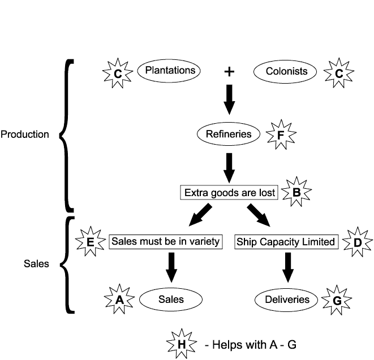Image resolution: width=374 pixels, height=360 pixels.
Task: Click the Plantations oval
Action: point(170,71)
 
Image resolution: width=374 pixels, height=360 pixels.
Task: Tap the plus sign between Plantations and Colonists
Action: point(229,72)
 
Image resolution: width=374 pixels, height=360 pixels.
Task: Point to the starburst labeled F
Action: point(281,134)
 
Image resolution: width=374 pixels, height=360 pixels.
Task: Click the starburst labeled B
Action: point(296,192)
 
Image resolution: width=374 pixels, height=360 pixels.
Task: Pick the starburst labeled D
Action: point(358,242)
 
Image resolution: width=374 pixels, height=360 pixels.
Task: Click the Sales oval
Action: point(171,299)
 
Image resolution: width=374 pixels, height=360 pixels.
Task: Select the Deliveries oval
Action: point(287,299)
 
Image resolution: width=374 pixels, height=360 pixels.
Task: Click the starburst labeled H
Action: point(180,344)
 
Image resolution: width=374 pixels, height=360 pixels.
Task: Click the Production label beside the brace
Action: point(24,135)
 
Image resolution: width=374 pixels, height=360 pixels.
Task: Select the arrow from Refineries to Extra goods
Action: point(229,165)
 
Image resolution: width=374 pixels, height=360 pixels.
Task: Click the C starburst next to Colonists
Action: point(339,72)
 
